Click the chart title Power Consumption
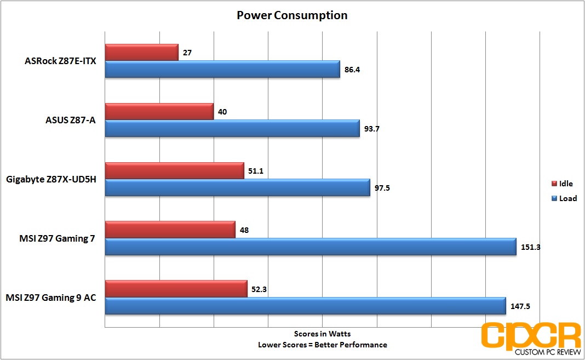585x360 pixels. click(x=292, y=15)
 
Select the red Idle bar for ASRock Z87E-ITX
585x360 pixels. click(x=142, y=52)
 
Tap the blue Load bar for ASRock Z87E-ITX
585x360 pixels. click(x=222, y=69)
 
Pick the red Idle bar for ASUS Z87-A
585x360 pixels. click(x=159, y=112)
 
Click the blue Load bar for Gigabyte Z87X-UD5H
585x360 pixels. click(x=238, y=187)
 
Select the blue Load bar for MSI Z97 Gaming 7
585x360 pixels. click(x=311, y=247)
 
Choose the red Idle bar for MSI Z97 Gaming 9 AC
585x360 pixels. click(x=176, y=289)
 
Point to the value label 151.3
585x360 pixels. click(x=531, y=247)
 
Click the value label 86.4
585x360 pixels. click(x=352, y=70)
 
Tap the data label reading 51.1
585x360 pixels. click(x=256, y=172)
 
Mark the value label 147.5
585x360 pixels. click(x=520, y=306)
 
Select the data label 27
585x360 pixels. click(x=187, y=53)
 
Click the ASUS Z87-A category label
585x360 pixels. click(x=71, y=120)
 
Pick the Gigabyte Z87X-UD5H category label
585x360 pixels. click(x=51, y=179)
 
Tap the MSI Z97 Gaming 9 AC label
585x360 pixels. click(x=51, y=298)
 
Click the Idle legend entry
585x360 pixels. click(x=562, y=184)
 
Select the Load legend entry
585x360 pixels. click(x=564, y=198)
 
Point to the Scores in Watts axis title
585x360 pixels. click(x=322, y=334)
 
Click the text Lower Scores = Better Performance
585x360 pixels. click(x=322, y=345)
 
